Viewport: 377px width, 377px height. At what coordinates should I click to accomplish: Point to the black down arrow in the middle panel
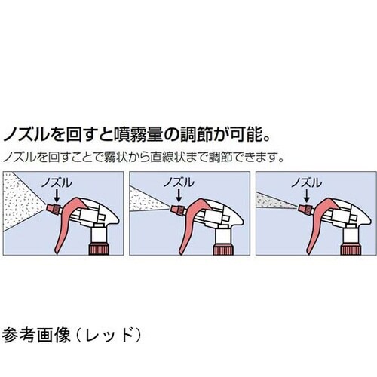coord(178,195)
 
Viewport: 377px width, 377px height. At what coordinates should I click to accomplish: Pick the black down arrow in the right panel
coord(304,195)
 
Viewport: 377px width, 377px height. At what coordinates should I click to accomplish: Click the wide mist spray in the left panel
coord(23,194)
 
